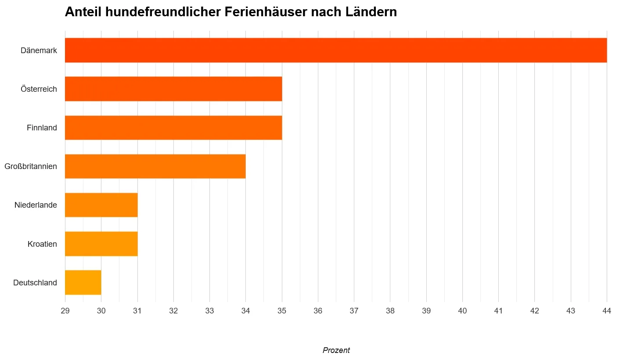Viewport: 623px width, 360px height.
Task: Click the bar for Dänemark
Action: (336, 50)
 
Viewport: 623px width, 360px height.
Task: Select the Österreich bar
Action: (173, 89)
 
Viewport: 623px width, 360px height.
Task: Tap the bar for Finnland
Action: (173, 128)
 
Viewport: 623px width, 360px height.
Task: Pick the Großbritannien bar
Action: (155, 166)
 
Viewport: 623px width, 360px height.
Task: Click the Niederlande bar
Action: (101, 205)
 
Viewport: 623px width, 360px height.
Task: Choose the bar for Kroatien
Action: (101, 244)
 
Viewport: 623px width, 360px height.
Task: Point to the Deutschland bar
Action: (83, 282)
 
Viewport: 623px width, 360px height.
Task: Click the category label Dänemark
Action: (39, 50)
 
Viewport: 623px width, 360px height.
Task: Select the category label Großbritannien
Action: (31, 166)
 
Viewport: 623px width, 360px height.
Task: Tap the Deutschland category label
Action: (35, 282)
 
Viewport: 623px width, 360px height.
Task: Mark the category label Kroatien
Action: (42, 244)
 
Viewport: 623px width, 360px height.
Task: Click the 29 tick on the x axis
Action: (65, 311)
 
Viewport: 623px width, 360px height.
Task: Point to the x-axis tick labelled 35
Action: (282, 311)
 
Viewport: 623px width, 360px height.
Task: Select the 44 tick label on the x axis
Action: (607, 311)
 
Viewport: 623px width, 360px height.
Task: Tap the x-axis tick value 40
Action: (462, 311)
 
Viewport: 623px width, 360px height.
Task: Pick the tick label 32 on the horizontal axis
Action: (173, 311)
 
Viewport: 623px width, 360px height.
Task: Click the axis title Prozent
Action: (336, 350)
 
